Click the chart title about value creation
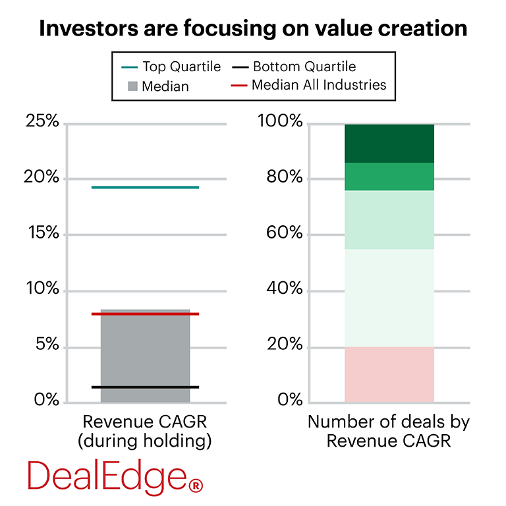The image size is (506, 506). (253, 28)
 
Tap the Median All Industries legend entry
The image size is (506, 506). (309, 85)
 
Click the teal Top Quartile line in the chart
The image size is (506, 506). (145, 188)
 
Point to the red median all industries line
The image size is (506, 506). (145, 314)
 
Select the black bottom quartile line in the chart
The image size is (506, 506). (145, 387)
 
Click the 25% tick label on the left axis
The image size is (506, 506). (42, 123)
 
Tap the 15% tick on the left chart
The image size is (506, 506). (42, 235)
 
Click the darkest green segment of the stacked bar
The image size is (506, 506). (389, 143)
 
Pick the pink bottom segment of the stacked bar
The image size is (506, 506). (389, 374)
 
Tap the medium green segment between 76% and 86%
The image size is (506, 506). (389, 177)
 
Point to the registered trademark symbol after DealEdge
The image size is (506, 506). (196, 486)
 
